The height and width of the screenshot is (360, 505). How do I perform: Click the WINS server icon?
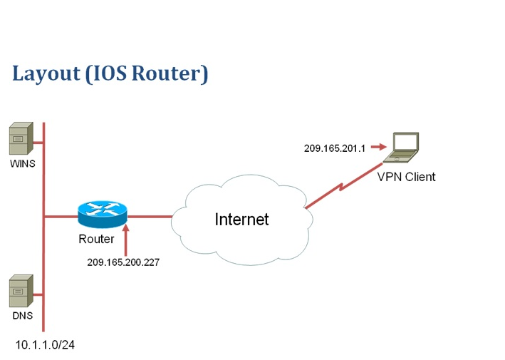21,138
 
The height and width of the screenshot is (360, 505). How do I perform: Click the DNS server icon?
21,291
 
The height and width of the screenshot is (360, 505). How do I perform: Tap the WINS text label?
23,164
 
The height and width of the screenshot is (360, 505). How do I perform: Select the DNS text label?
23,316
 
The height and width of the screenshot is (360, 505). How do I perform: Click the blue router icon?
103,214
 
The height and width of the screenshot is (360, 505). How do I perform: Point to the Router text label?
96,239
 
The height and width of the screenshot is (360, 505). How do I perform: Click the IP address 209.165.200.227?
123,262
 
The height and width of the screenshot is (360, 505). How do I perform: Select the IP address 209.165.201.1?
335,148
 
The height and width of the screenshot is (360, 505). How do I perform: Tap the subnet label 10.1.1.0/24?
45,345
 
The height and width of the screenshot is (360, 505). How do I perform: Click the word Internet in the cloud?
241,219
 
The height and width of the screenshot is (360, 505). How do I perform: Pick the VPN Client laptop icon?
401,148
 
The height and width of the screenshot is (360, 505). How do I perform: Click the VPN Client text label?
406,177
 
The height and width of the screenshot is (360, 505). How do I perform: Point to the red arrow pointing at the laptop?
379,147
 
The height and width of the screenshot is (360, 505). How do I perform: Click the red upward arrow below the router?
126,240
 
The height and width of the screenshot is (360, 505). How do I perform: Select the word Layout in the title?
46,73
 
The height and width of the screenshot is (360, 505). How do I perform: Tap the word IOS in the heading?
110,73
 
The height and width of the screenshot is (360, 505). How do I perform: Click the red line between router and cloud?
150,216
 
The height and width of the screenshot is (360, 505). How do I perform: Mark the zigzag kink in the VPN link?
341,187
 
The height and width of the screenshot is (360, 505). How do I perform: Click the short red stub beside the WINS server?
38,142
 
